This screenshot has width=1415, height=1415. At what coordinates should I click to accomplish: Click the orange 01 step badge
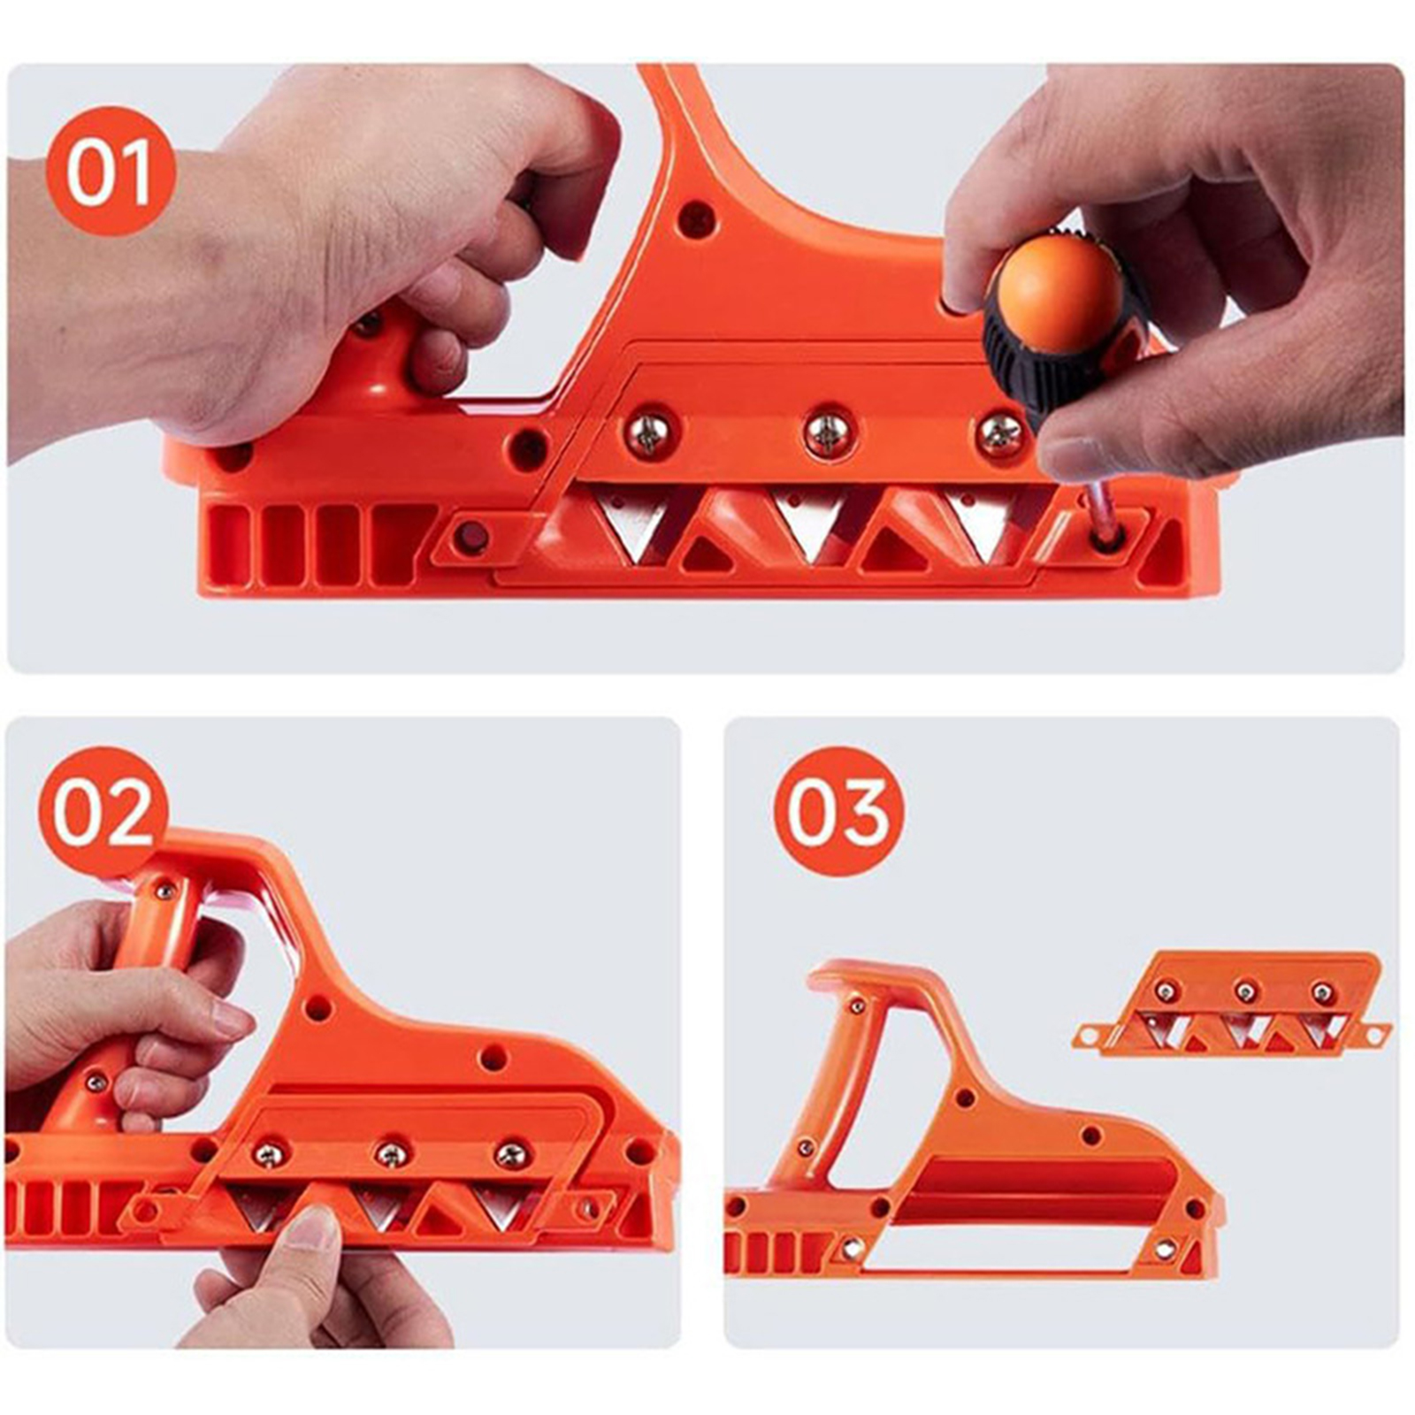pyautogui.click(x=111, y=171)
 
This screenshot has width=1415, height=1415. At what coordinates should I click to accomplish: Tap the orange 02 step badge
pyautogui.click(x=103, y=812)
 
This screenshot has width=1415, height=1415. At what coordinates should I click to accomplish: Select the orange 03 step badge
pyautogui.click(x=838, y=812)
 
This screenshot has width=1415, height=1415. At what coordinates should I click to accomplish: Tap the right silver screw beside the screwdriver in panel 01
pyautogui.click(x=1000, y=433)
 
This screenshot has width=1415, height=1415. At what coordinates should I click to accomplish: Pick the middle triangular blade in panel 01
pyautogui.click(x=810, y=523)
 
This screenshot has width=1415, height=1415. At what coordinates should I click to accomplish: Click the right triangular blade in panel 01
pyautogui.click(x=984, y=524)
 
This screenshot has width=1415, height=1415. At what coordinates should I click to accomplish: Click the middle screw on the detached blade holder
pyautogui.click(x=1246, y=990)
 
